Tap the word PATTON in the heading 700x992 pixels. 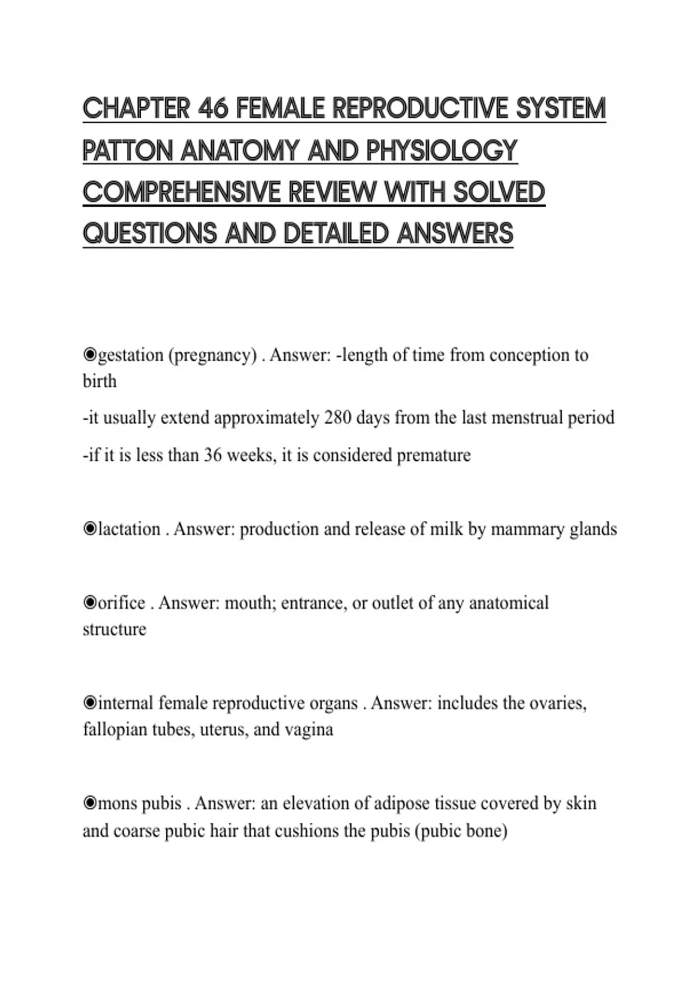pyautogui.click(x=128, y=151)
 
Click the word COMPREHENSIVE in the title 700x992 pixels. pyautogui.click(x=181, y=192)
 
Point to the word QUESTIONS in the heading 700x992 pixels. pyautogui.click(x=150, y=233)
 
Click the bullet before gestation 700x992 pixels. pyautogui.click(x=90, y=355)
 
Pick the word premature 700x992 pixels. pyautogui.click(x=433, y=455)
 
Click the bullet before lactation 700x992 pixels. pyautogui.click(x=90, y=529)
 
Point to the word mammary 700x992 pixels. pyautogui.click(x=527, y=529)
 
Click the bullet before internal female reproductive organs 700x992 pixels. pyautogui.click(x=90, y=703)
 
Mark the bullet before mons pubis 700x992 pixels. pyautogui.click(x=90, y=804)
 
